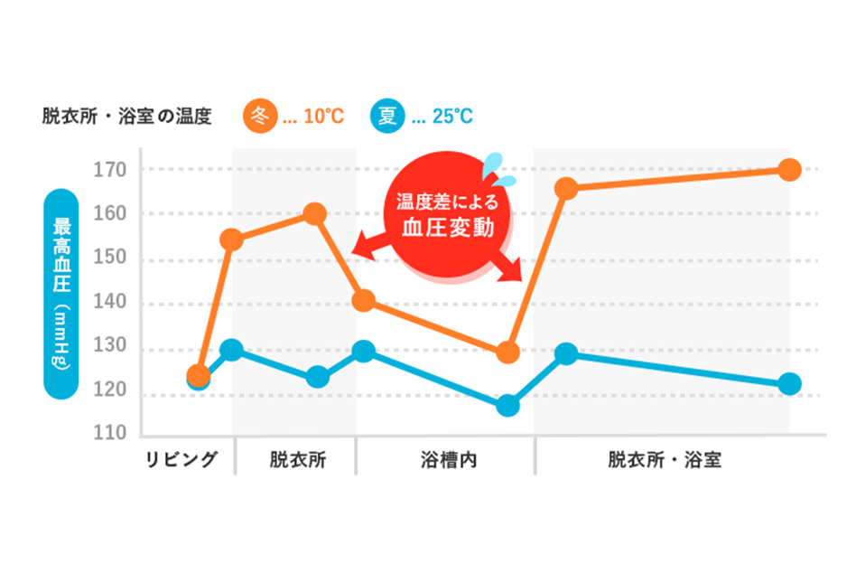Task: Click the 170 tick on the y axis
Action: (109, 170)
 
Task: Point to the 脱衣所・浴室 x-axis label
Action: (664, 459)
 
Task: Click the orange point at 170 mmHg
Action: (789, 170)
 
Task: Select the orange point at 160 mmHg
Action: (315, 214)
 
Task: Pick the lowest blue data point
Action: (508, 406)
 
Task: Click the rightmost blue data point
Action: (789, 384)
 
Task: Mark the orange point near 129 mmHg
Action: (508, 352)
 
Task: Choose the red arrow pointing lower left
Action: (363, 244)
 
